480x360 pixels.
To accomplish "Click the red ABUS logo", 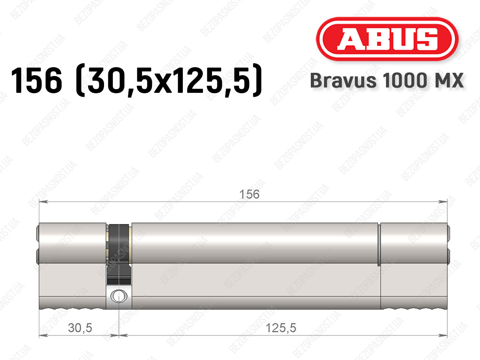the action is tap(387, 39).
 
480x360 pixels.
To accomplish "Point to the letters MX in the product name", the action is tap(448, 80).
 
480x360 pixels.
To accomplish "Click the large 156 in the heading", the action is tap(37, 80).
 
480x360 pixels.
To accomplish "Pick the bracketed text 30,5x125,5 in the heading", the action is tap(169, 80).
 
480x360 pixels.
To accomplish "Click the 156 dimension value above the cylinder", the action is tap(250, 194).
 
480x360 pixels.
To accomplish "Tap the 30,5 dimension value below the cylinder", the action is tap(80, 328).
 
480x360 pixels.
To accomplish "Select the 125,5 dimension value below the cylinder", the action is tap(281, 328).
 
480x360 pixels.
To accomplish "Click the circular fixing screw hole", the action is tap(119, 296).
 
